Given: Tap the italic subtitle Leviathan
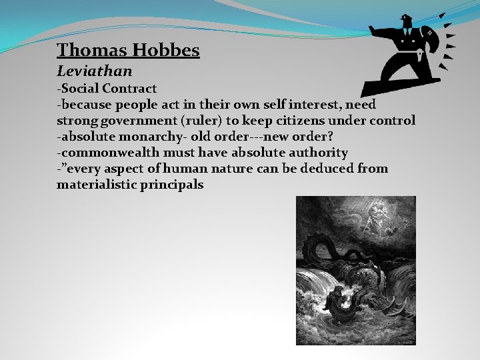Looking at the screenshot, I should (94, 71).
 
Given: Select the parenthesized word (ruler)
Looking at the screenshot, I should (197, 121).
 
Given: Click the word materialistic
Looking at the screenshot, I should (96, 185).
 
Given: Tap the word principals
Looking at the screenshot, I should (172, 185).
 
